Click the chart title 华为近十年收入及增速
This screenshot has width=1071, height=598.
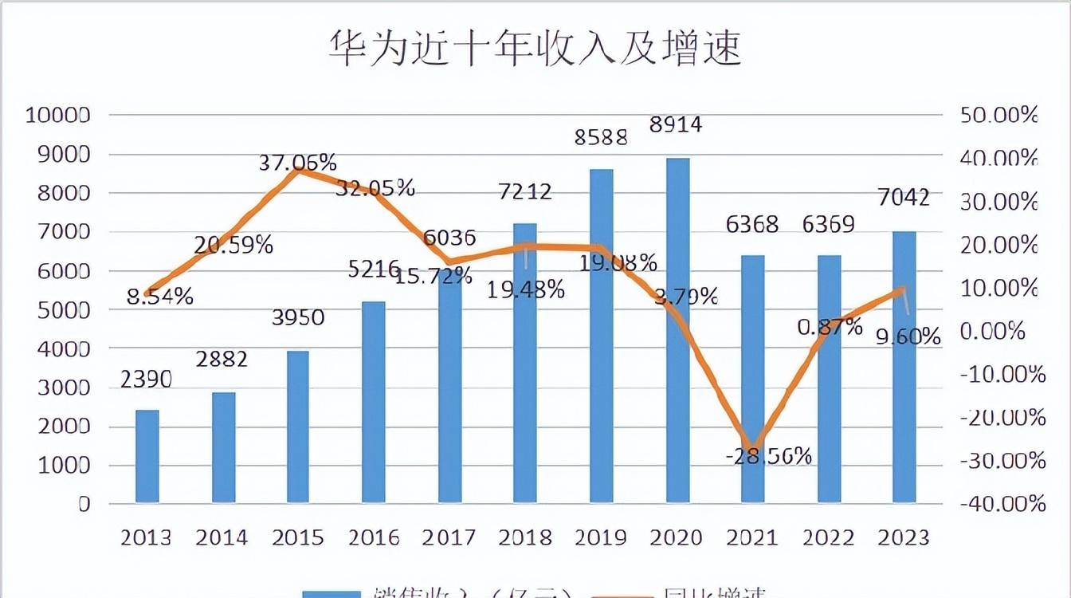tap(535, 48)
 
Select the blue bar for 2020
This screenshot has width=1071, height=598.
tap(678, 330)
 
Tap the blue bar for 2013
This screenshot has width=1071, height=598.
tap(147, 456)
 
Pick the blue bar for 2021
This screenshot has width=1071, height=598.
tap(753, 379)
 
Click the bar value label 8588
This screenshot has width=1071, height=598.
tap(602, 136)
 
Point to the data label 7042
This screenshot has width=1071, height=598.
tap(903, 197)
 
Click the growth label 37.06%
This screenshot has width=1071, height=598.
tap(298, 163)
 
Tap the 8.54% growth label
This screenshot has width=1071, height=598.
tap(160, 297)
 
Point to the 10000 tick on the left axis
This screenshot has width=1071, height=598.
tap(58, 115)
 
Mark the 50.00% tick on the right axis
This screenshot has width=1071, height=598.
tap(1000, 115)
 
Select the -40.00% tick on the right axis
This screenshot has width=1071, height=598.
tap(1003, 504)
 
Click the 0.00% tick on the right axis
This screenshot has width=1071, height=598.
tap(993, 331)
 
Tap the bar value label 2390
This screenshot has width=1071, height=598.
tap(147, 380)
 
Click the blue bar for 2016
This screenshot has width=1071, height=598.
tap(374, 402)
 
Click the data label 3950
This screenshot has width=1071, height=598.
tap(297, 317)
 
